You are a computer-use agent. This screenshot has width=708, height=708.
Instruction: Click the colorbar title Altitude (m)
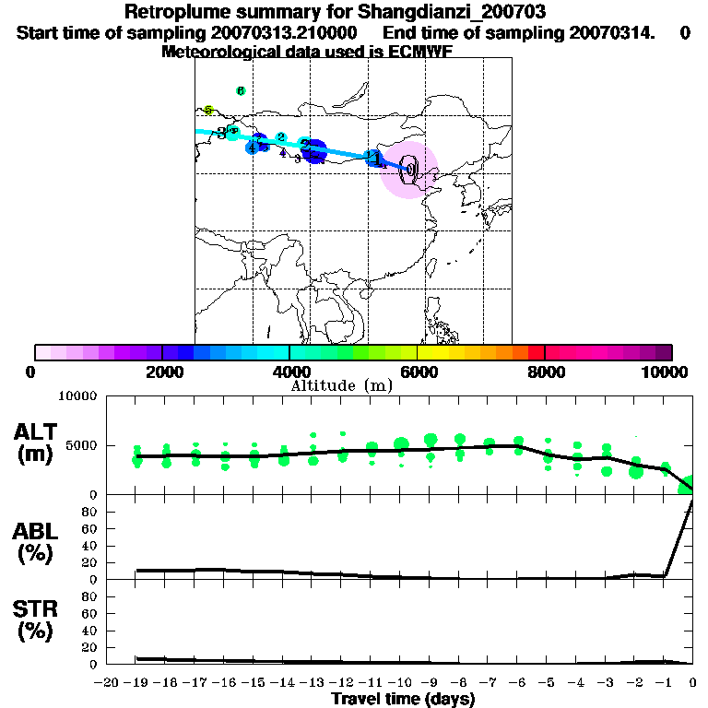click(x=341, y=385)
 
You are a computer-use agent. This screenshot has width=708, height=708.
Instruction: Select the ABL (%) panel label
click(x=35, y=542)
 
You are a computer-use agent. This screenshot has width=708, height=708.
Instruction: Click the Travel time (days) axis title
click(x=403, y=700)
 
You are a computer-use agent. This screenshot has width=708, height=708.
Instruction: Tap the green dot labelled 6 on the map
click(x=240, y=91)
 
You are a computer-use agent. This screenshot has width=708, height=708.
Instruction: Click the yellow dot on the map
click(x=209, y=110)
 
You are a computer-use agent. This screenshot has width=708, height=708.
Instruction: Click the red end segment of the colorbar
click(x=536, y=352)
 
